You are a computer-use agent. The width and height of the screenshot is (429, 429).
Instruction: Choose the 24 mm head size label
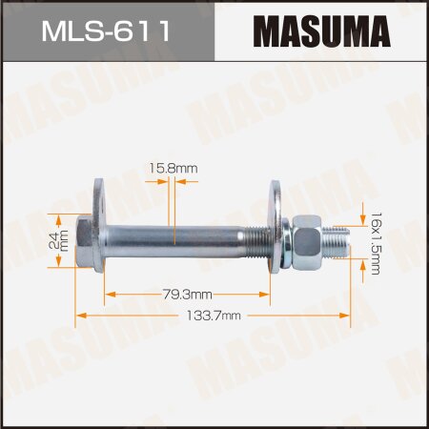coord(53,233)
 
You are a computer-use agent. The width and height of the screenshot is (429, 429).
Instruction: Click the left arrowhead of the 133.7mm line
coord(80,312)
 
